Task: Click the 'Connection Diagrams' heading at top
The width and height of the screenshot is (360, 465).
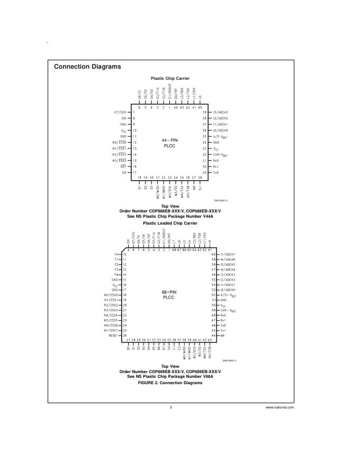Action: (87, 67)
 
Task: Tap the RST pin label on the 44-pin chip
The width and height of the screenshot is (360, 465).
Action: (123, 166)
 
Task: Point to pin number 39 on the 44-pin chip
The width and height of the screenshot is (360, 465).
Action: (204, 113)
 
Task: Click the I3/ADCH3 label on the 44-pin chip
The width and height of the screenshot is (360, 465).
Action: (220, 113)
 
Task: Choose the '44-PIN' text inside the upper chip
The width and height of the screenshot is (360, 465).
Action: (169, 140)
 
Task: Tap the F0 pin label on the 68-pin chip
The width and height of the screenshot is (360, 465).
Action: (116, 255)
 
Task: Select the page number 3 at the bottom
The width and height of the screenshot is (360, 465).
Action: (170, 407)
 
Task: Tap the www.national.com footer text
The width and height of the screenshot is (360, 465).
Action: (280, 407)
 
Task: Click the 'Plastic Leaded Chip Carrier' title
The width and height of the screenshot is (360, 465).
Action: (169, 223)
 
